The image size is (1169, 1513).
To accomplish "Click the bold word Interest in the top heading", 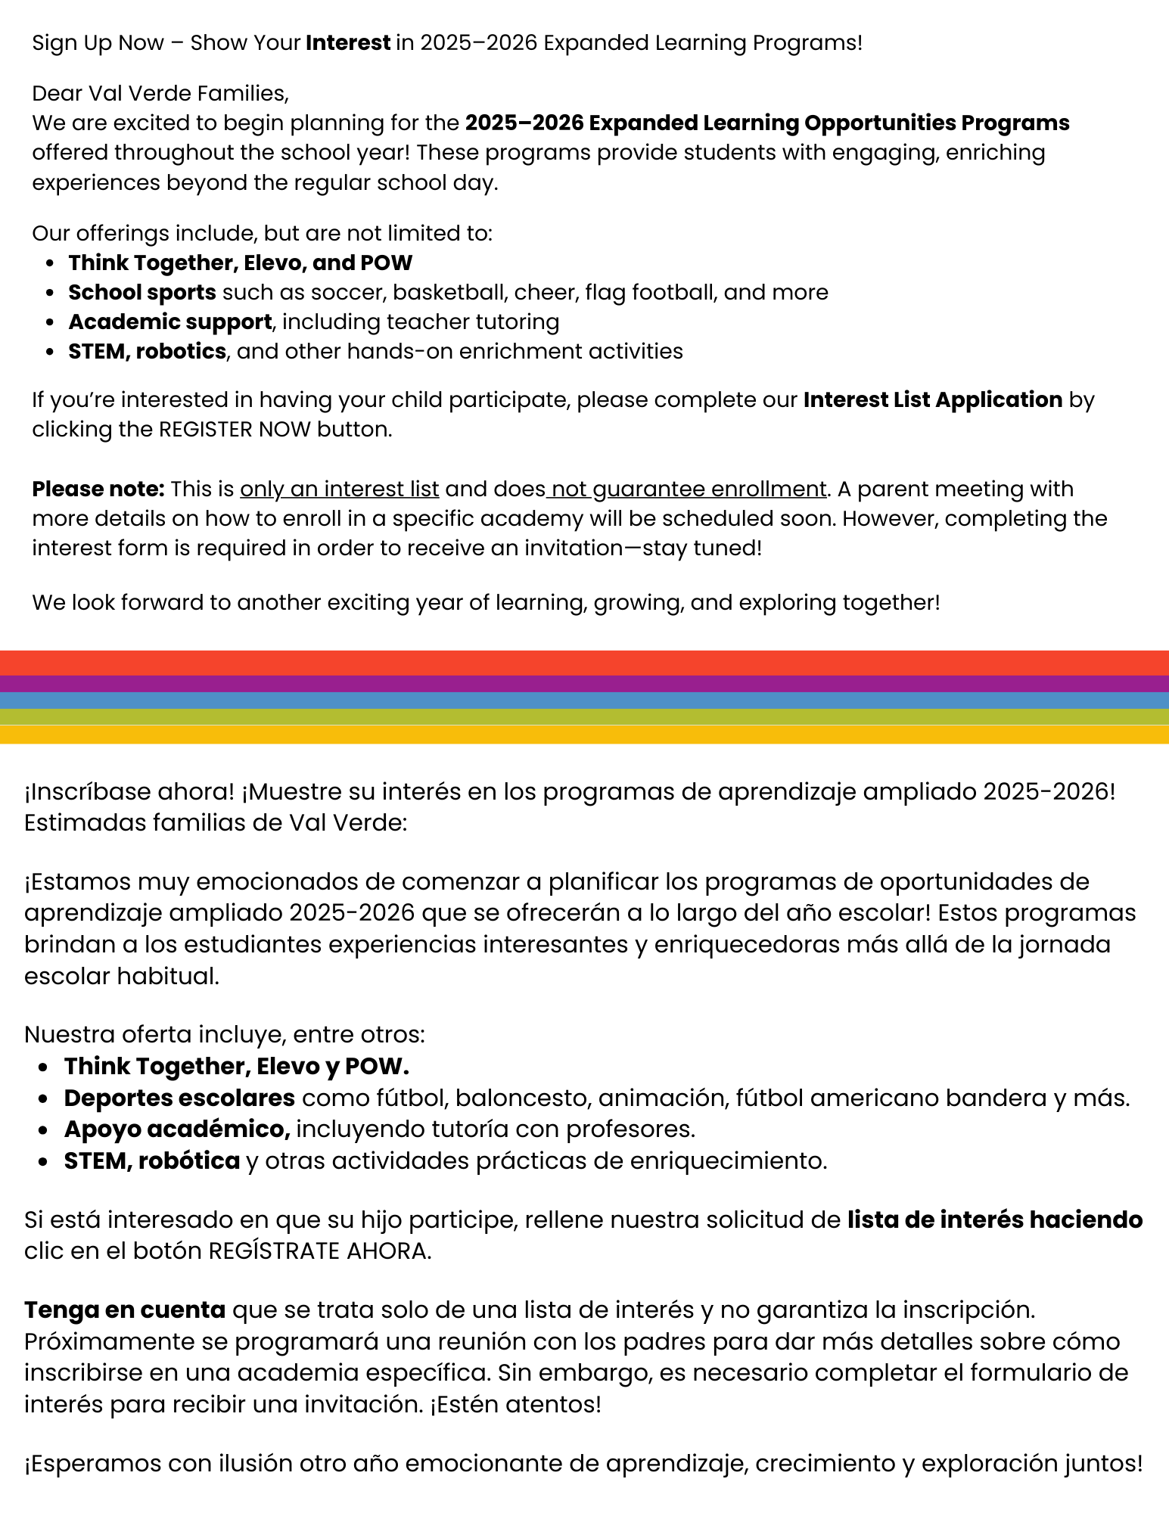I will pyautogui.click(x=348, y=43).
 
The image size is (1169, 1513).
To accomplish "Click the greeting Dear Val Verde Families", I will pyautogui.click(x=160, y=94).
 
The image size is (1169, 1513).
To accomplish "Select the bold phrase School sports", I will pyautogui.click(x=142, y=293).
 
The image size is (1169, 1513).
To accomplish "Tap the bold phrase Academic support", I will pyautogui.click(x=169, y=322).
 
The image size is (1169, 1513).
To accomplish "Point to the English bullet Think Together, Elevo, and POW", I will pyautogui.click(x=240, y=263).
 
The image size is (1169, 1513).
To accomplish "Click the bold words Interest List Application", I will pyautogui.click(x=932, y=400).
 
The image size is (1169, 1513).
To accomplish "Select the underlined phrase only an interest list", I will pyautogui.click(x=340, y=489).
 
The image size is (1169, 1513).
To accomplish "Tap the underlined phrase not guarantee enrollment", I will pyautogui.click(x=687, y=489).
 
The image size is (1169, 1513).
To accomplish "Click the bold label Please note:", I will pyautogui.click(x=98, y=489).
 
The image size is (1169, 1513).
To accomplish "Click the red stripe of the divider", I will pyautogui.click(x=584, y=663).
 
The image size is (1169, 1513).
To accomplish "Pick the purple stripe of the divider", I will pyautogui.click(x=584, y=684).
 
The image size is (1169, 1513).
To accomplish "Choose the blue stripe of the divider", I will pyautogui.click(x=584, y=701).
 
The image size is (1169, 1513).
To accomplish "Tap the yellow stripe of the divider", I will pyautogui.click(x=584, y=735).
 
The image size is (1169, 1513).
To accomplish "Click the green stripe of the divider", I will pyautogui.click(x=584, y=717).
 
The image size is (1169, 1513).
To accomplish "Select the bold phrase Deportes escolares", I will pyautogui.click(x=179, y=1098).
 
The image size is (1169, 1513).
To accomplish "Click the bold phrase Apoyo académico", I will pyautogui.click(x=177, y=1129).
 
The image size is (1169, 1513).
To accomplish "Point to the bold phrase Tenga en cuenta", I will pyautogui.click(x=125, y=1310).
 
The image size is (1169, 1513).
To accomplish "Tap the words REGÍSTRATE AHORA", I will pyautogui.click(x=319, y=1251).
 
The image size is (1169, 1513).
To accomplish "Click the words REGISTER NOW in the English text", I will pyautogui.click(x=235, y=430).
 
